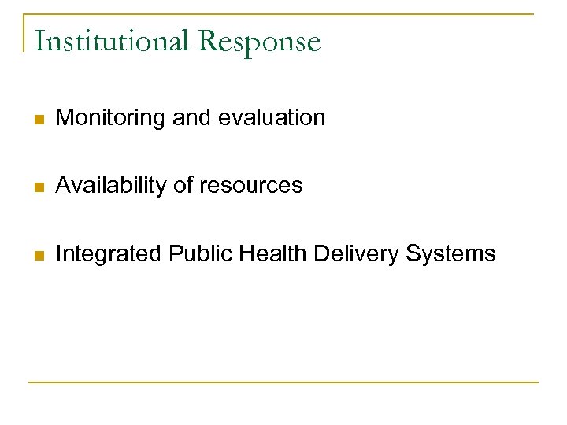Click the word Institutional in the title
point(112,41)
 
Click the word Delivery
point(358,254)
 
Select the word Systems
point(451,254)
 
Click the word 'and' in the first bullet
point(191,118)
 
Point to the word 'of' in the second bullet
point(182,186)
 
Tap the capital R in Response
point(209,41)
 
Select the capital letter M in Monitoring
point(65,118)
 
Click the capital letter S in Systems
point(414,253)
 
